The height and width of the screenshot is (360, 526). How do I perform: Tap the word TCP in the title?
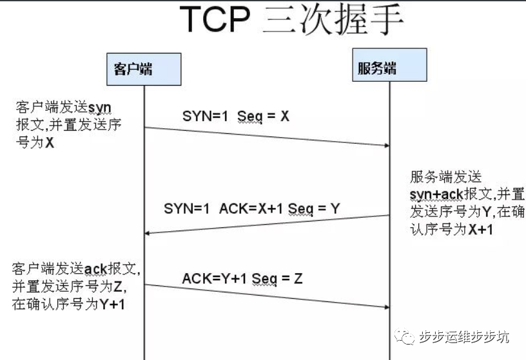pos(215,21)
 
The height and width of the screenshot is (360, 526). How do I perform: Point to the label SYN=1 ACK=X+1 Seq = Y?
pos(251,208)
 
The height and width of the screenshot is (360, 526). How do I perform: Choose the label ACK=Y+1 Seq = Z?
pos(242,278)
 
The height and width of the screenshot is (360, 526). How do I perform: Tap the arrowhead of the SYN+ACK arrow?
pos(148,233)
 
